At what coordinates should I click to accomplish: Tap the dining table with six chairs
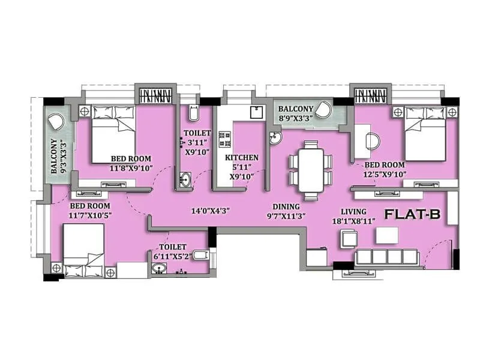310,170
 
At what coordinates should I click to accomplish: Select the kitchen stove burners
226,139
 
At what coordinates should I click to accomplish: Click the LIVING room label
354,211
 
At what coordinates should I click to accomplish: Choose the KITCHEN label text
241,157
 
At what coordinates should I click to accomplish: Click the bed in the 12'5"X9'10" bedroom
425,133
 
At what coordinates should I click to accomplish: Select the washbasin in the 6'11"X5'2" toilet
160,268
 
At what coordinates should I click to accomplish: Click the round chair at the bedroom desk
372,141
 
